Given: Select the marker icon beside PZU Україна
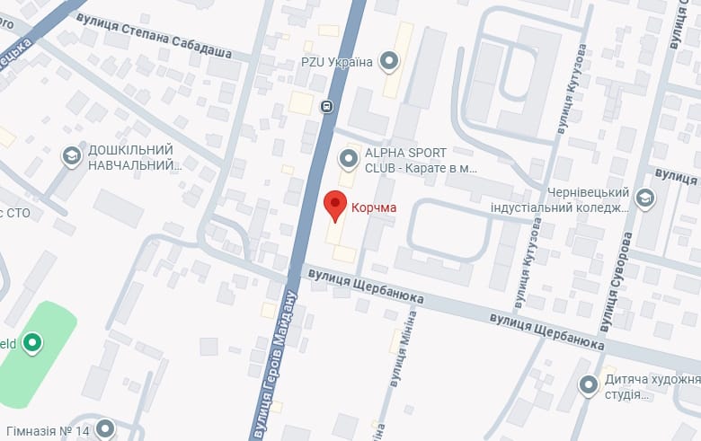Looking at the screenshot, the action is [x=389, y=61].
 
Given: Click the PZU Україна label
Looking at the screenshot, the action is [x=337, y=62].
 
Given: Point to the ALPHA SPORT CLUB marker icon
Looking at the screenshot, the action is [x=348, y=160].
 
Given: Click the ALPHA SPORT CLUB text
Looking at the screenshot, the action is [x=419, y=160].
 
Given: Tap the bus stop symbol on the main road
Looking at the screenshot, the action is [x=327, y=106].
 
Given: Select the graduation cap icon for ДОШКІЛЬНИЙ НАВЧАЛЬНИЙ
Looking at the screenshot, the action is [x=71, y=157].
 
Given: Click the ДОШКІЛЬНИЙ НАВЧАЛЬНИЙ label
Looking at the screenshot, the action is [x=130, y=157].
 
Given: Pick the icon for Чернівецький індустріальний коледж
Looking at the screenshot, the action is [x=645, y=198].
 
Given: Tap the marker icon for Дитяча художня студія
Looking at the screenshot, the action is [x=589, y=385].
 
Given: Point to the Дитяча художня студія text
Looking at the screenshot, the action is [x=651, y=387].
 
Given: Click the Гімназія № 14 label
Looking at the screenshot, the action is [x=46, y=431].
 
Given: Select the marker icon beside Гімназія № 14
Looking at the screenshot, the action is [x=106, y=429].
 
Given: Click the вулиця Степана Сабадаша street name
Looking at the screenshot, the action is [x=154, y=36].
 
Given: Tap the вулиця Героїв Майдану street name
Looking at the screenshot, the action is [x=275, y=365].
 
